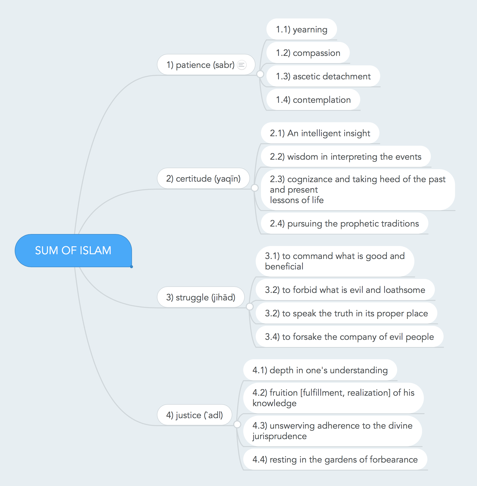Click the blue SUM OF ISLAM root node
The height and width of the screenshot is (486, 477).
point(73,250)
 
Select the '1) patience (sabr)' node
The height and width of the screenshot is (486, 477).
point(206,65)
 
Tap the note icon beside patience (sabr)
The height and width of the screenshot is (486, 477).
point(242,65)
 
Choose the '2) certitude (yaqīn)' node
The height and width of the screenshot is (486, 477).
point(203,178)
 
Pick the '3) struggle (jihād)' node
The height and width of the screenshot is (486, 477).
point(201,297)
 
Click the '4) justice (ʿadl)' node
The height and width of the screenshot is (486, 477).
point(194,415)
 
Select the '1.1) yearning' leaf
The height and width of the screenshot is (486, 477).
point(302,29)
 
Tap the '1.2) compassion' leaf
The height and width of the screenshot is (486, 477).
point(308,53)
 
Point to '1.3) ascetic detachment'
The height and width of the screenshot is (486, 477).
point(323,76)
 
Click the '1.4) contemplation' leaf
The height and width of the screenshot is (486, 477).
point(313,100)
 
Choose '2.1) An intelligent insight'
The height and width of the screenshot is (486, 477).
point(320,133)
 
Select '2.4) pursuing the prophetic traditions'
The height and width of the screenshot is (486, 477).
point(345,223)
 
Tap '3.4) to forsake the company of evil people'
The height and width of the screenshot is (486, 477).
point(350,337)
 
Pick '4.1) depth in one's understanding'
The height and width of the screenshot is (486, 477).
point(320,370)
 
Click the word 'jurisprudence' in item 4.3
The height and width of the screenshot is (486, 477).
point(280,436)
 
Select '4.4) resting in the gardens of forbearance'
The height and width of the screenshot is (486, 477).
point(335,460)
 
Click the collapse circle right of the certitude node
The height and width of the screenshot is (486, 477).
point(254,188)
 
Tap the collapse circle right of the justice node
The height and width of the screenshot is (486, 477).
point(237,424)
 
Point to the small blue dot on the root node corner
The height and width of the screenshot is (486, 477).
point(131,267)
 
